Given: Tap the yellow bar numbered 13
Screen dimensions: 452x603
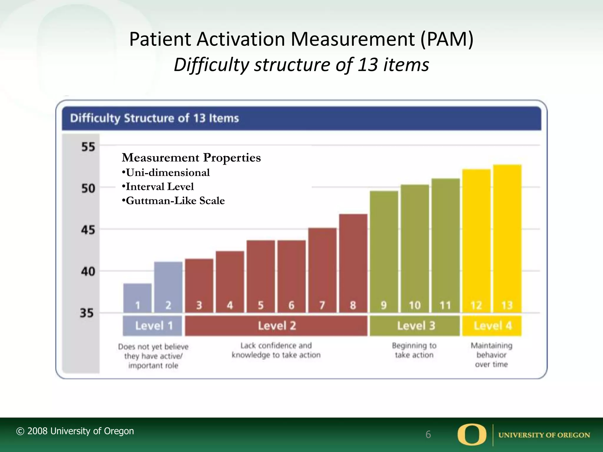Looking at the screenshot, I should (x=507, y=238).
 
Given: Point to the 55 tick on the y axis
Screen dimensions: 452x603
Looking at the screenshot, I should (x=88, y=147).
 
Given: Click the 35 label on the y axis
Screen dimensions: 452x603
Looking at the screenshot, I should (x=87, y=313).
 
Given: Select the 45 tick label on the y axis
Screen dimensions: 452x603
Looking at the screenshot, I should (x=88, y=230).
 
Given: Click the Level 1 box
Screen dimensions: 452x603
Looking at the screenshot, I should (x=153, y=326).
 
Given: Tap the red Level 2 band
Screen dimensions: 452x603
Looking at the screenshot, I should (x=276, y=326).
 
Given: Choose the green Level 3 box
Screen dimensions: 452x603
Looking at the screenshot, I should (x=415, y=326).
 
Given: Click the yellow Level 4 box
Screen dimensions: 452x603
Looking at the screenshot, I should (x=492, y=326).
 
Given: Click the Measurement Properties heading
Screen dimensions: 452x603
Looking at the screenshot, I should (x=191, y=158).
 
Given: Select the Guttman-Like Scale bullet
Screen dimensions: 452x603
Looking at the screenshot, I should (x=173, y=201).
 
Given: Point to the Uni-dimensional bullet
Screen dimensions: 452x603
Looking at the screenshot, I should (x=166, y=172).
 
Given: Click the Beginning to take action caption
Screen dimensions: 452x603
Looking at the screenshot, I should (x=414, y=350).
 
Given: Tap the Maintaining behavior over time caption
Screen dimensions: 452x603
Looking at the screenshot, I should (x=491, y=355).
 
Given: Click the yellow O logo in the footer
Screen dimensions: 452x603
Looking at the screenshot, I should (x=472, y=434).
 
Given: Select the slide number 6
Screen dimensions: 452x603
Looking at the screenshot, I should (x=428, y=434).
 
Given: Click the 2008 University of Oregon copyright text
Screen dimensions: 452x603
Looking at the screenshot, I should (x=75, y=431).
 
